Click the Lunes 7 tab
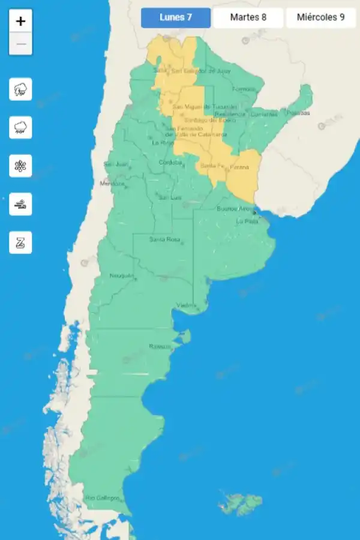tap(176, 17)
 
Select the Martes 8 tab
tap(248, 17)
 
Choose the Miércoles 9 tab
tap(320, 17)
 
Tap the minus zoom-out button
tap(21, 44)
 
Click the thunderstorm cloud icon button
tap(21, 89)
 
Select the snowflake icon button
tap(21, 166)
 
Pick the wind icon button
tap(21, 204)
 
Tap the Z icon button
tap(21, 242)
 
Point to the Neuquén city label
tap(121, 275)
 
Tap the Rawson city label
tap(160, 347)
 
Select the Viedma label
tap(186, 305)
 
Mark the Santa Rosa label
tap(164, 239)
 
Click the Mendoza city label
tap(112, 183)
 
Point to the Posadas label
tap(298, 112)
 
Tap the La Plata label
tap(247, 221)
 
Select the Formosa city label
tap(244, 89)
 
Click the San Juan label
tap(115, 164)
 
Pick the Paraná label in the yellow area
tap(239, 167)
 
